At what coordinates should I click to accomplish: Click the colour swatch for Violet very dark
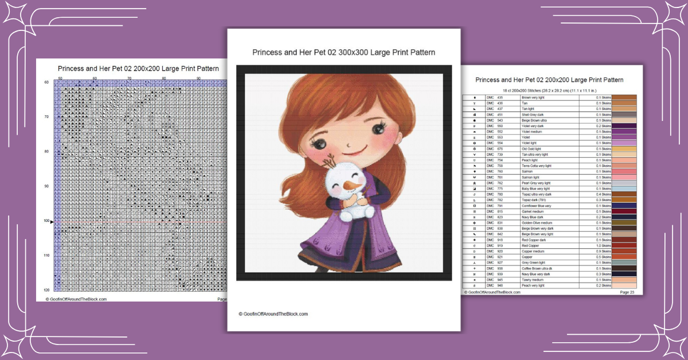pos(624,126)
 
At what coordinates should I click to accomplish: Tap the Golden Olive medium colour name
pos(537,222)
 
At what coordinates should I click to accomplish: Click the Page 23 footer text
pos(627,292)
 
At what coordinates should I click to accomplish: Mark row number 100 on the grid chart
pos(46,221)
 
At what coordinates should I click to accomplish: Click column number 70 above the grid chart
pos(129,78)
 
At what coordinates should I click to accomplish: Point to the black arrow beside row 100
pos(52,221)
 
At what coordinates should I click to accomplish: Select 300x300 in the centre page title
pos(359,52)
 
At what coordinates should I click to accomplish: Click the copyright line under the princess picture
pos(273,314)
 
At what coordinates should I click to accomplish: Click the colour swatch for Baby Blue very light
pos(624,189)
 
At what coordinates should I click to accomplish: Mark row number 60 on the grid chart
pos(46,83)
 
